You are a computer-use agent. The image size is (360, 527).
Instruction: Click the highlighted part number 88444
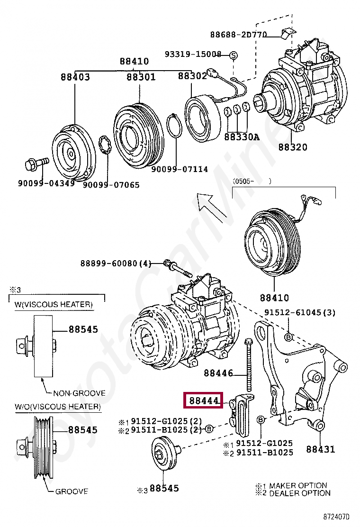[204, 400]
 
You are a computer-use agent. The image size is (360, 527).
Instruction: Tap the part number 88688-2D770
[239, 35]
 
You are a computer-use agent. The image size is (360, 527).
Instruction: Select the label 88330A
[242, 137]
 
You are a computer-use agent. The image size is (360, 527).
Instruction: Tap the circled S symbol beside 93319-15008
[233, 55]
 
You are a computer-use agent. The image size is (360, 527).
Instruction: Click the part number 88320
[292, 147]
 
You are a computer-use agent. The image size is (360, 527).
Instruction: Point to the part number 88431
[320, 449]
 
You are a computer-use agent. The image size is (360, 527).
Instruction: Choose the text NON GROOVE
[79, 393]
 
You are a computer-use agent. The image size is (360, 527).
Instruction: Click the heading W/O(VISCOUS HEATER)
[57, 407]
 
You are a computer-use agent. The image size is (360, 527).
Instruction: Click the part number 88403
[75, 77]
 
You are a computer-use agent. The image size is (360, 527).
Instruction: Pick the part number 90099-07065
[111, 184]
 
